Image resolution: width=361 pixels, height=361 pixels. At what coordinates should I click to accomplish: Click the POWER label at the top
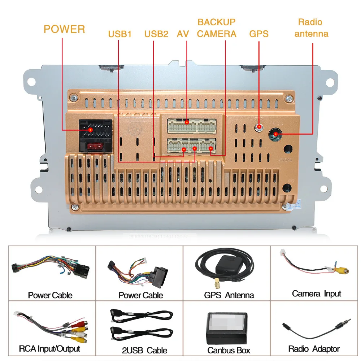tap(64, 29)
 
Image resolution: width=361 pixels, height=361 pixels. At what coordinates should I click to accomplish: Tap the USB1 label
tap(120, 34)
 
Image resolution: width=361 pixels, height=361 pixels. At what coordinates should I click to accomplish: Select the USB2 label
tap(156, 34)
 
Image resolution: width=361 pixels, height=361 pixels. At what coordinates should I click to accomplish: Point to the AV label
tap(183, 34)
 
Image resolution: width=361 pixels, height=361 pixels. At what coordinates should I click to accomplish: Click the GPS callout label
tap(259, 34)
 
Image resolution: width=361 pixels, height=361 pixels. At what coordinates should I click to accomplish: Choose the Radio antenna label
tap(311, 28)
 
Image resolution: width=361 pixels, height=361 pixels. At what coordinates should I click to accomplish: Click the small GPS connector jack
tap(259, 127)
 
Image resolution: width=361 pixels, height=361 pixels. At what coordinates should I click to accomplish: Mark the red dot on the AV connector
tap(187, 122)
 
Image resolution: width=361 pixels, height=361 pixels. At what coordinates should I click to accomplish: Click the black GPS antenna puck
tap(229, 265)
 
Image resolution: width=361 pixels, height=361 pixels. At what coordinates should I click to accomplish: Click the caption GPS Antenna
tap(229, 295)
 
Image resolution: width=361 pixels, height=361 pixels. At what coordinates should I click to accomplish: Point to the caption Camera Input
tap(316, 293)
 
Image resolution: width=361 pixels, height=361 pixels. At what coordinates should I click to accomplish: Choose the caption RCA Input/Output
tap(49, 349)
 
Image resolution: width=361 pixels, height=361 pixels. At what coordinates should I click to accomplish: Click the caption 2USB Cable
tap(144, 350)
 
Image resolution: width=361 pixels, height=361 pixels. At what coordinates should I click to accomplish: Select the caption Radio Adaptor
tap(314, 349)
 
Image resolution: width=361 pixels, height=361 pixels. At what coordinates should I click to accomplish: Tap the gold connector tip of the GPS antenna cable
tap(217, 283)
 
